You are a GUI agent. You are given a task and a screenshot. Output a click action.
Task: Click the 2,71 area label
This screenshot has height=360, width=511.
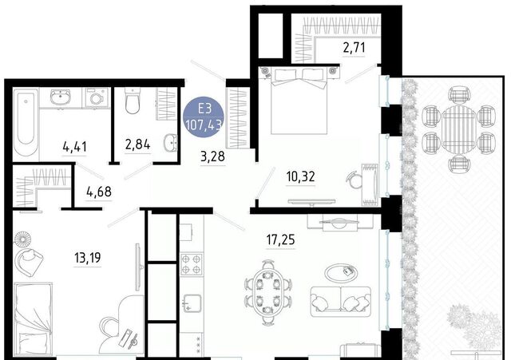354,48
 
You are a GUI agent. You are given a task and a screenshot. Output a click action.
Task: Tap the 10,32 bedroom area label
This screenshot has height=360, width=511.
300,176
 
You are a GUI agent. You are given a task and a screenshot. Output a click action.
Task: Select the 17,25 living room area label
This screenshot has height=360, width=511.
280,240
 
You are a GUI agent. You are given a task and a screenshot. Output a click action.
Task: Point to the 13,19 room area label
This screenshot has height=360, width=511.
87,258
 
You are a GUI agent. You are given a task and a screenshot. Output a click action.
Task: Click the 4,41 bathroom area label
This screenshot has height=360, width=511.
74,147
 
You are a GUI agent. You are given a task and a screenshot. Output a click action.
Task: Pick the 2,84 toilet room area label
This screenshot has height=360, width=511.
137,144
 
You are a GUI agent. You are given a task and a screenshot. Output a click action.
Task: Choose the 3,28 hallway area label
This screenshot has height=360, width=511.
212,156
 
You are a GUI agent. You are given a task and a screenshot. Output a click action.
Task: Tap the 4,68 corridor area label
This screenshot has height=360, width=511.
99,192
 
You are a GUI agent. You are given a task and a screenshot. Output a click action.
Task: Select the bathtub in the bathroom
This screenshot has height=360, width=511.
26,125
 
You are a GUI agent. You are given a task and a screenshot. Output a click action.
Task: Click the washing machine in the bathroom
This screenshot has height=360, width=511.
97,97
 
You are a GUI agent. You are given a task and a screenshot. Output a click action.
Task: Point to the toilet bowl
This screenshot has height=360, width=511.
133,101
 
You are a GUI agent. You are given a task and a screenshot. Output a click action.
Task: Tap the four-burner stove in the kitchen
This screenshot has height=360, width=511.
192,264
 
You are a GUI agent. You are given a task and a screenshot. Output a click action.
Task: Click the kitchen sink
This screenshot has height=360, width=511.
192,303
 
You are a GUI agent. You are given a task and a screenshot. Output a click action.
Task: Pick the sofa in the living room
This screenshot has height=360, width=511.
341,302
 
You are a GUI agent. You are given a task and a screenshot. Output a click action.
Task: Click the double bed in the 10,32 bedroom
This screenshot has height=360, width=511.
299,100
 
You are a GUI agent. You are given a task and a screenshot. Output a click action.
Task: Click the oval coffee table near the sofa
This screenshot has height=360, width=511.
341,273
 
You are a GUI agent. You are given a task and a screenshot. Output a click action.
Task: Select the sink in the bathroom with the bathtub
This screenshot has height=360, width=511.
60,97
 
